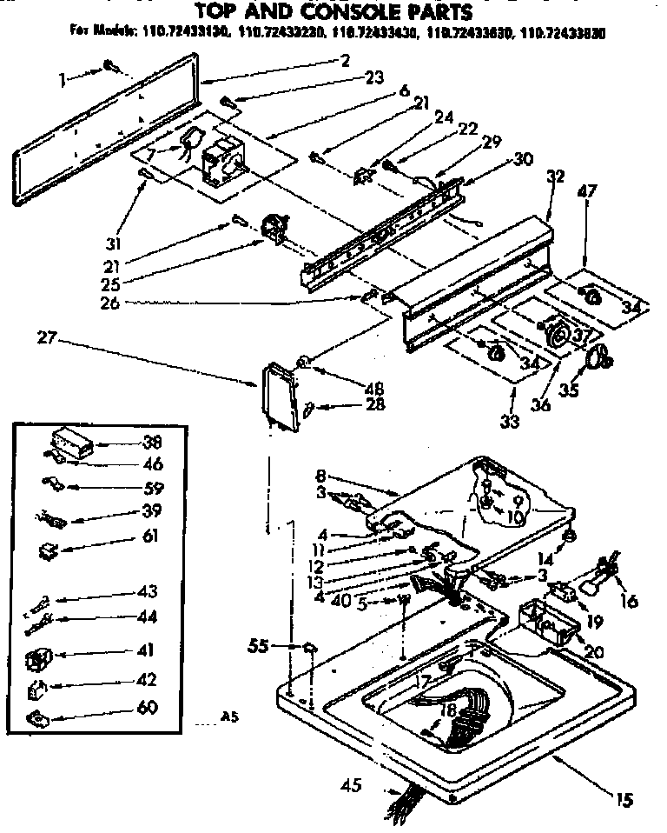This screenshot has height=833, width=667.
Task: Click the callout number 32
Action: pyautogui.click(x=556, y=177)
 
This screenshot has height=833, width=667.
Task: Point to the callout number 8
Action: pyautogui.click(x=320, y=476)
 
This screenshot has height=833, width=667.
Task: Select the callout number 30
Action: pyautogui.click(x=523, y=158)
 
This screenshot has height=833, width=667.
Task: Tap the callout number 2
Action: pyautogui.click(x=346, y=60)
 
